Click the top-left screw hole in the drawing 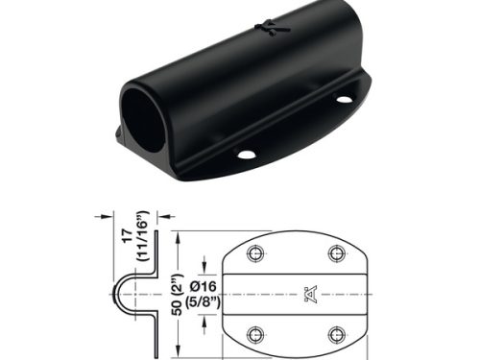(x=256, y=252)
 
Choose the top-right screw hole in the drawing (x=335, y=252)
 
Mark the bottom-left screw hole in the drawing (x=256, y=333)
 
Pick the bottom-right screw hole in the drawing (x=335, y=333)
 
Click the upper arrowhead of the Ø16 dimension (x=204, y=265)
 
